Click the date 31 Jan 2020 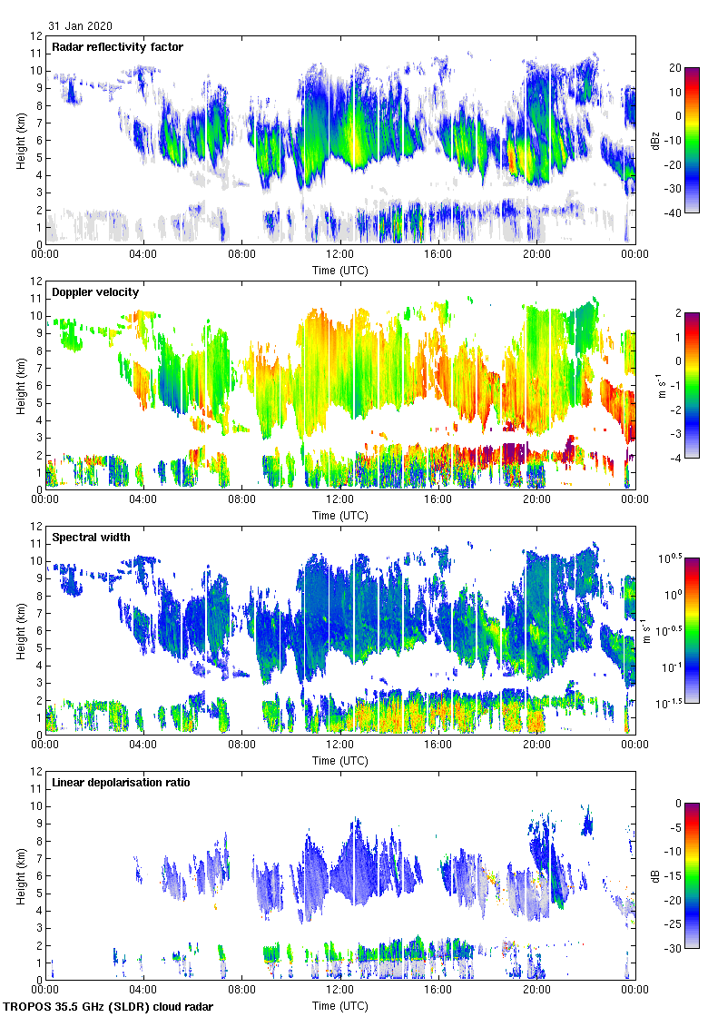point(81,26)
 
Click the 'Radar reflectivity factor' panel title point(118,46)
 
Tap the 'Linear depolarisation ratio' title point(121,782)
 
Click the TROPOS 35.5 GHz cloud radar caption point(109,1006)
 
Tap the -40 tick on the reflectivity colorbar point(674,212)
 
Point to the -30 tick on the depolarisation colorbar point(674,948)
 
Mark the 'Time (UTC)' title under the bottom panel point(340,1005)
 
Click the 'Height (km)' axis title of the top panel point(21,140)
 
